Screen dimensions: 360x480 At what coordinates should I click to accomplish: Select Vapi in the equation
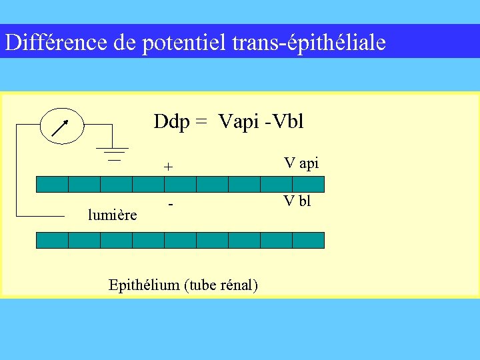pos(238,122)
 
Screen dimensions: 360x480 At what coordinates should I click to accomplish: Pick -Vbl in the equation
pos(285,122)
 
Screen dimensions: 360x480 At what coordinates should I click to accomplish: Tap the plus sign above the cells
pos(169,167)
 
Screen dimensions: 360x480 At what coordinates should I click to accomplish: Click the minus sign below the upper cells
pos(171,204)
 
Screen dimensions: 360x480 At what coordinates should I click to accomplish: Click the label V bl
pos(297,201)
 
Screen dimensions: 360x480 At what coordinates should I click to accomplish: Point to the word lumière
pos(113,215)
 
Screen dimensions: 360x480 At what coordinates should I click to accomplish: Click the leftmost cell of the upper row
pos(52,184)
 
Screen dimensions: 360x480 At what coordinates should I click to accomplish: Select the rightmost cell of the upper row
pos(308,184)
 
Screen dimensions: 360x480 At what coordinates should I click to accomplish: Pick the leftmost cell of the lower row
pos(52,240)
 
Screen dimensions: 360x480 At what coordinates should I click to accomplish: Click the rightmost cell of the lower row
pos(308,240)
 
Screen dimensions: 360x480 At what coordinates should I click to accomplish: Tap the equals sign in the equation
pos(201,122)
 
